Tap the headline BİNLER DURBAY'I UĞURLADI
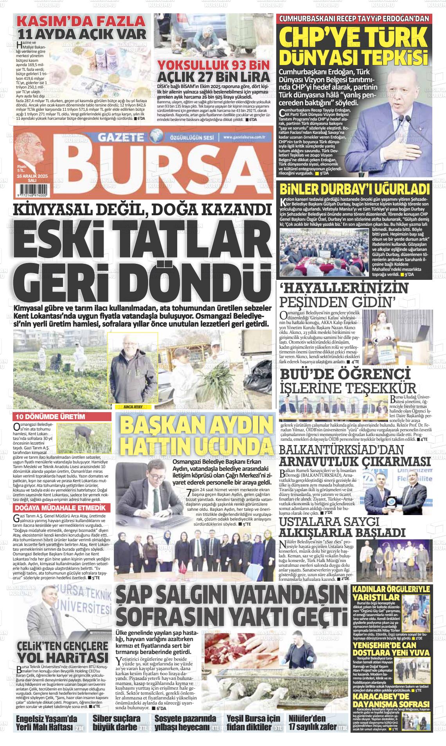click(354, 189)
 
